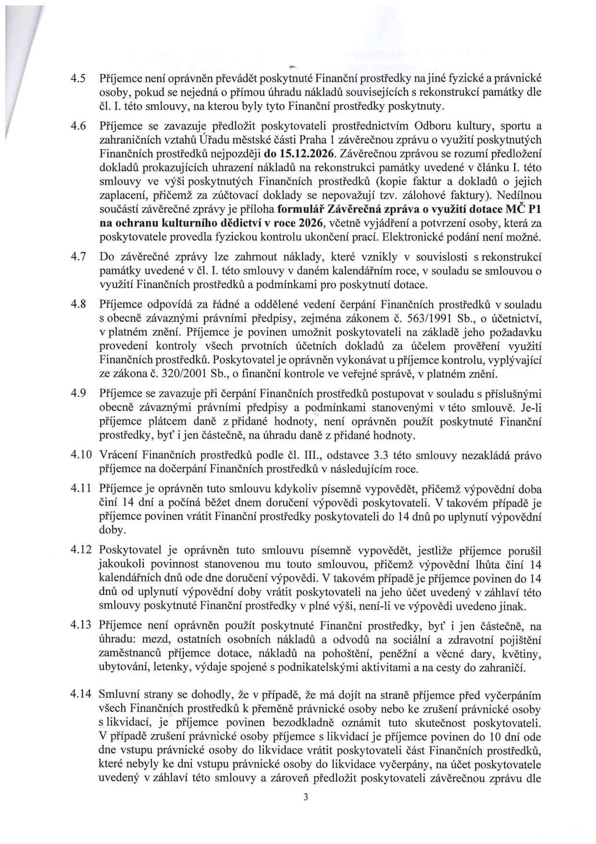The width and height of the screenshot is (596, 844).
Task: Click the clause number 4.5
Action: tap(77, 78)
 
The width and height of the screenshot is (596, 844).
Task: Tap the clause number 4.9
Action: tap(77, 394)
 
